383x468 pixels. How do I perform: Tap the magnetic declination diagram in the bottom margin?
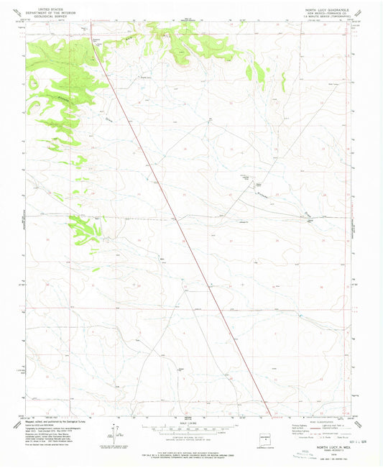pyautogui.click(x=111, y=431)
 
